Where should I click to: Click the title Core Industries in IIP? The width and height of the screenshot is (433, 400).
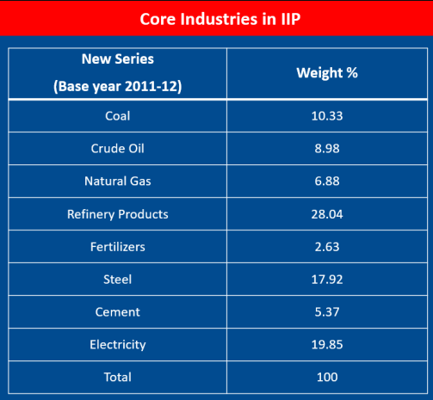(x=216, y=18)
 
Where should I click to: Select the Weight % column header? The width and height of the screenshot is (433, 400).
(x=326, y=73)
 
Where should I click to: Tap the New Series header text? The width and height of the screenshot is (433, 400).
(x=117, y=59)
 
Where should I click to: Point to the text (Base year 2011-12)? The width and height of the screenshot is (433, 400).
(x=117, y=86)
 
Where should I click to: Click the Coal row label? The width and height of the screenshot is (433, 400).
(x=117, y=116)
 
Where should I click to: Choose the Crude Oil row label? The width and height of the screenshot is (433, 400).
(x=117, y=149)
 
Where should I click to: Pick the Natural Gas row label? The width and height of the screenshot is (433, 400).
(x=117, y=182)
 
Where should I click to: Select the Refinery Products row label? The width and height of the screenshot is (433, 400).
(x=117, y=214)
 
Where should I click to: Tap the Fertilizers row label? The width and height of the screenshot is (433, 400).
(x=117, y=247)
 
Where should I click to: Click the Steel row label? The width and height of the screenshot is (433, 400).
(x=117, y=280)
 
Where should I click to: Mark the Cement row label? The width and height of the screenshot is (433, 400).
(x=117, y=312)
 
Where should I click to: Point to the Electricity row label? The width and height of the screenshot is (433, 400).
(x=117, y=345)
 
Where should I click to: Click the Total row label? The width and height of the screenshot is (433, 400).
(x=117, y=378)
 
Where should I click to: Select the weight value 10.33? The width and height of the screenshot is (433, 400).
(x=326, y=116)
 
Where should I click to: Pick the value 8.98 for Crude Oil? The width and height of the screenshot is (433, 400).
(x=326, y=149)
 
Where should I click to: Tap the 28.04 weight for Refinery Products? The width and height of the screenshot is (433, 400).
(x=326, y=214)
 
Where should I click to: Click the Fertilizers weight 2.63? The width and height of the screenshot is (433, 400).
(x=326, y=247)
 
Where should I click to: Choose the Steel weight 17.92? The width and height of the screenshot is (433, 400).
(x=326, y=280)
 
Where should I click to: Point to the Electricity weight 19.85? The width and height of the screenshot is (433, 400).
(x=326, y=345)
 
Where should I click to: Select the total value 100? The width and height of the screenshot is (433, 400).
(x=326, y=378)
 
